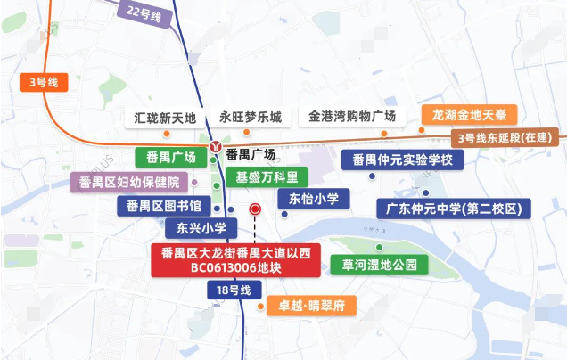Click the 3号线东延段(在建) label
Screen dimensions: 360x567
(x=505, y=138)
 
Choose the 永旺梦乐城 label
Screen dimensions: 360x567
(x=251, y=117)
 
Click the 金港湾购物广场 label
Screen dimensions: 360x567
(x=352, y=117)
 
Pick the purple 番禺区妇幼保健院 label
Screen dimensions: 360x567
(x=129, y=183)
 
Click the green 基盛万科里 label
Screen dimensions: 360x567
(x=266, y=176)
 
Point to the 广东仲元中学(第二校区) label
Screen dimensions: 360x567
(x=454, y=209)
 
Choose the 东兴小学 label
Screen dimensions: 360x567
(x=195, y=228)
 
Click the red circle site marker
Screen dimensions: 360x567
(x=255, y=209)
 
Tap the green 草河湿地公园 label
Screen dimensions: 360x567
(x=374, y=265)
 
